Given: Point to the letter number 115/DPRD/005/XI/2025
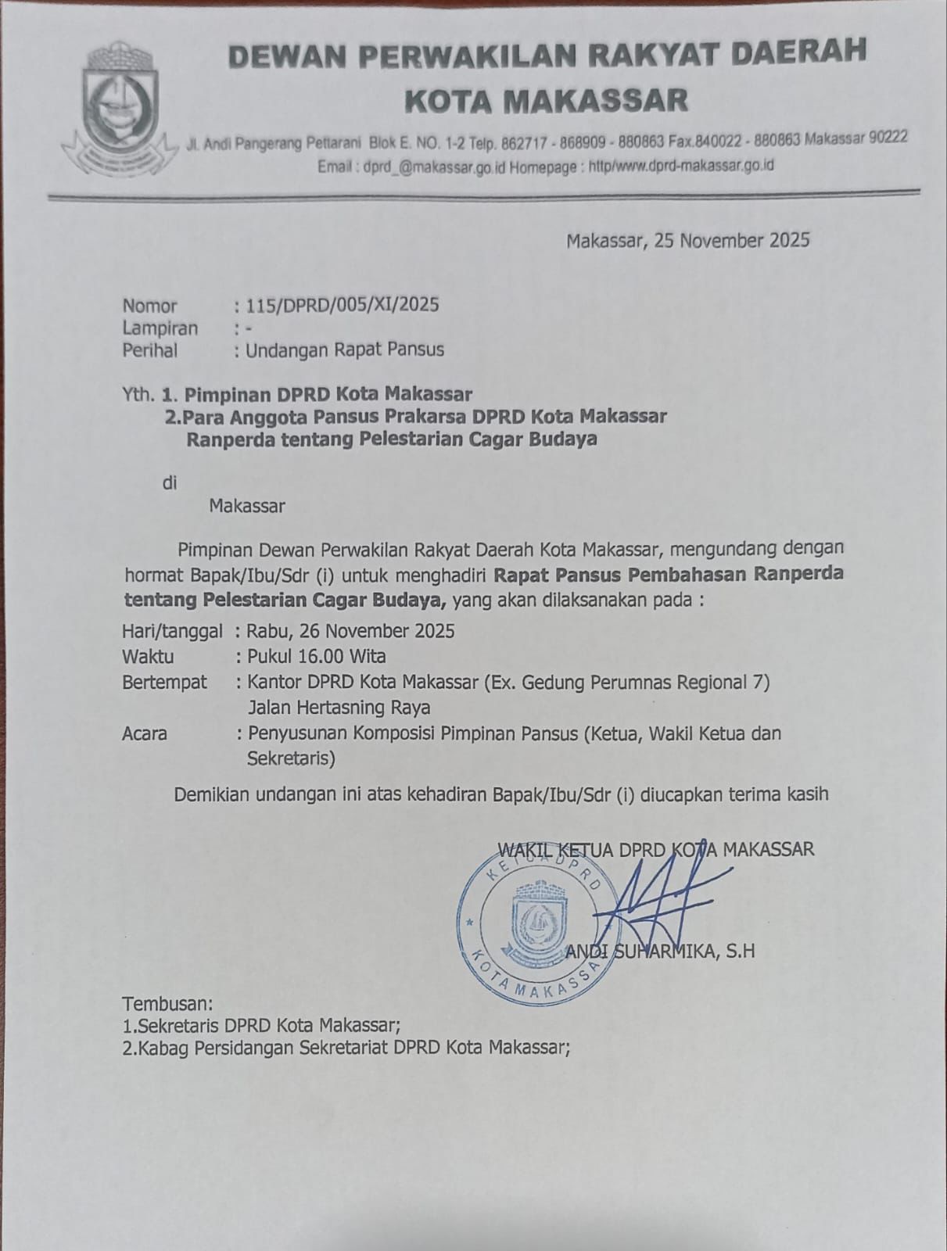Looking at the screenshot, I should click(x=343, y=304).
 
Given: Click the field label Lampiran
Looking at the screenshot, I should click(x=160, y=328).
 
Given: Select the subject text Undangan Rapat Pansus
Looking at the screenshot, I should click(x=345, y=349).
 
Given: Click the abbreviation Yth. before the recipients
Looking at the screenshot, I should click(x=138, y=393).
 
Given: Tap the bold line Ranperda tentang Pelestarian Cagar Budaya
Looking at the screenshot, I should click(x=391, y=439).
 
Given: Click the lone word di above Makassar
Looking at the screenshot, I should click(x=170, y=482).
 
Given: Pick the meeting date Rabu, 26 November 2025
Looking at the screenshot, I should click(x=350, y=630).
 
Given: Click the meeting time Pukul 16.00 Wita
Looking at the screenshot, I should click(x=316, y=656).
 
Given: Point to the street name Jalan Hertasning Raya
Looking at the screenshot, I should click(x=339, y=708).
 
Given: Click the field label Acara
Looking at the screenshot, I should click(x=144, y=734).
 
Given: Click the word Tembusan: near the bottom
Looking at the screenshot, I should click(x=167, y=1003).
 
